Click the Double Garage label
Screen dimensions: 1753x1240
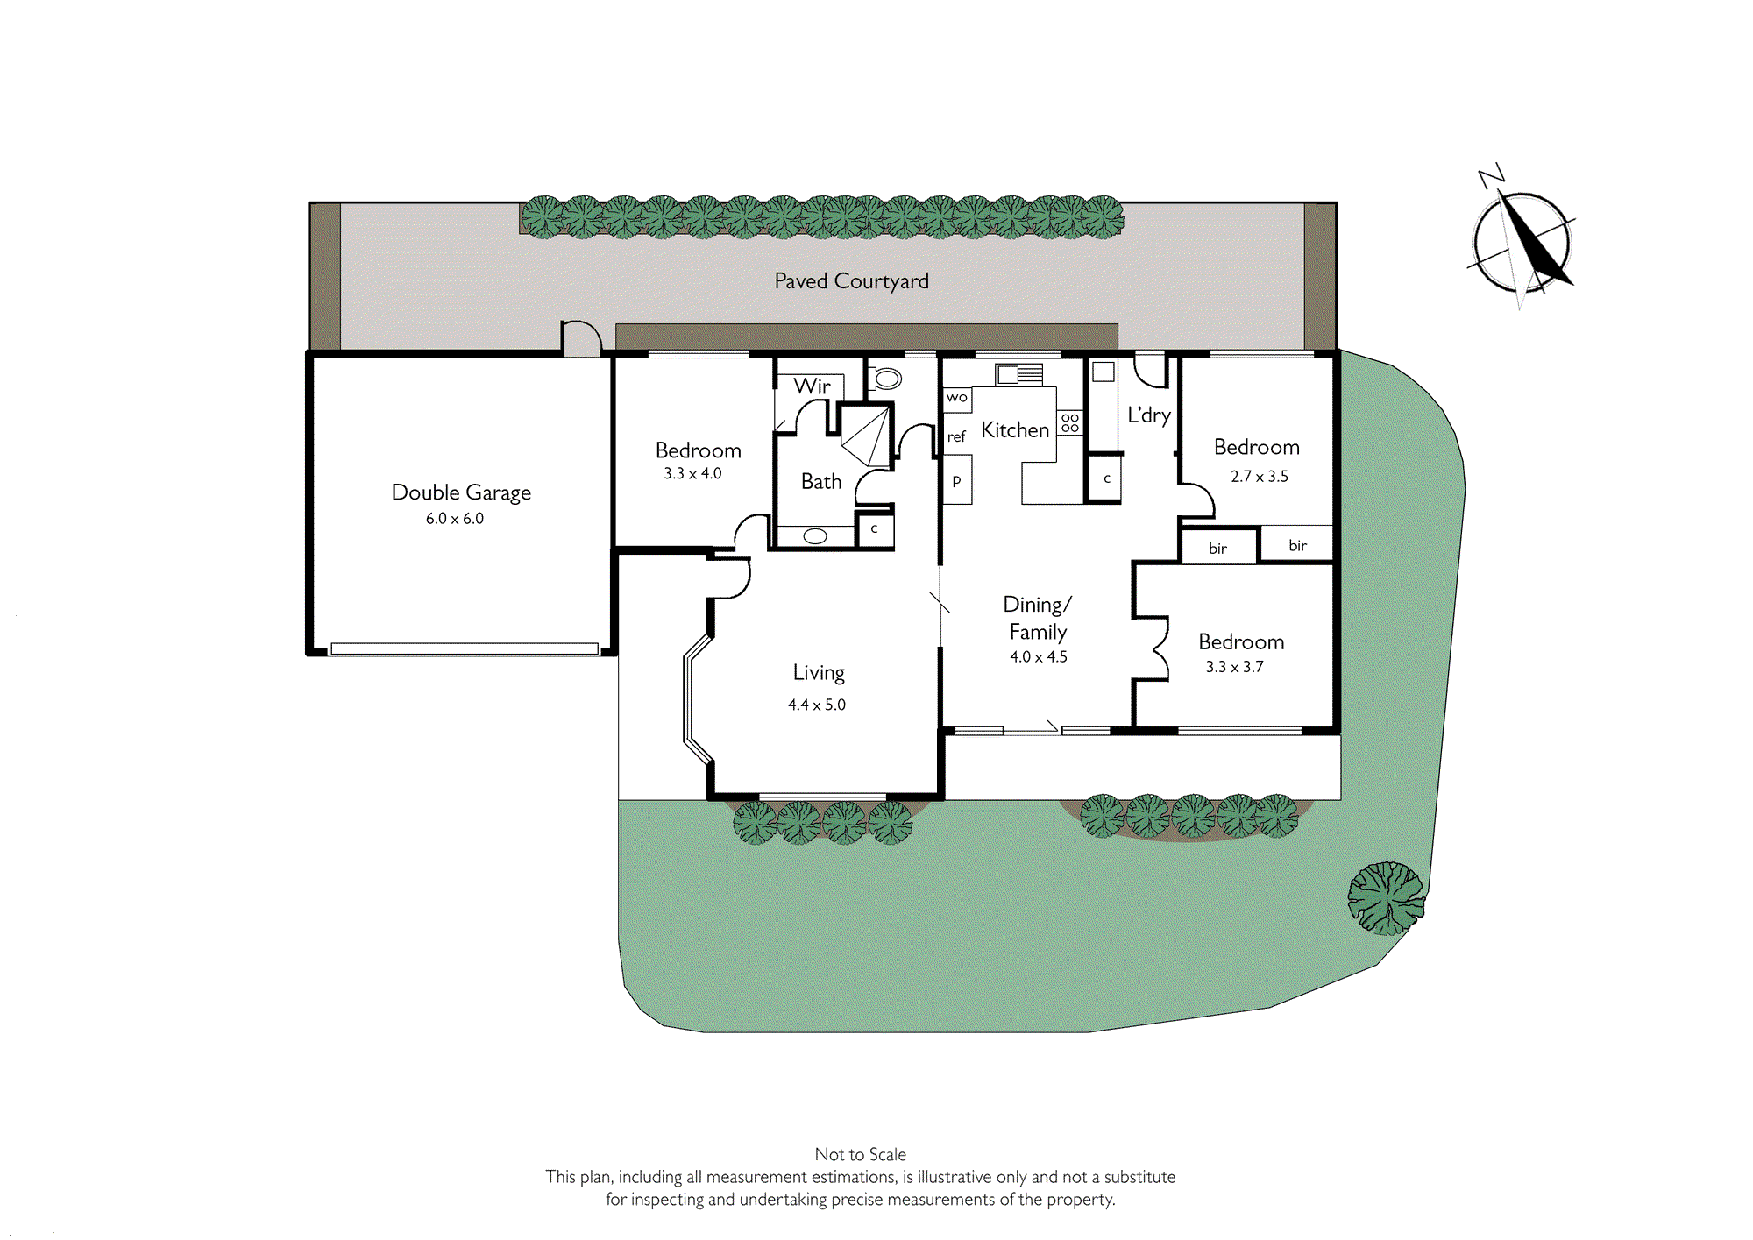[461, 492]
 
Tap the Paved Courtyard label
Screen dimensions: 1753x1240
[851, 281]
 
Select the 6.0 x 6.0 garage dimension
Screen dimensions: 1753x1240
[455, 518]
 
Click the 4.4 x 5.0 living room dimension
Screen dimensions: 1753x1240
[817, 705]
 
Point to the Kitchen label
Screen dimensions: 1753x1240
[1015, 430]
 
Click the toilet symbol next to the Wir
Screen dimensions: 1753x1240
[885, 379]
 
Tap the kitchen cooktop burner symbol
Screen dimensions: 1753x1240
[1070, 423]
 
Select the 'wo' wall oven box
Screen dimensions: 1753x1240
[957, 399]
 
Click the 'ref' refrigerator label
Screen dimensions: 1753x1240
[956, 436]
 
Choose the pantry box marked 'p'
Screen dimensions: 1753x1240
[957, 479]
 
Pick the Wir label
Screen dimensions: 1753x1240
[812, 386]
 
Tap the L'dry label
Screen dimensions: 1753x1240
[1149, 415]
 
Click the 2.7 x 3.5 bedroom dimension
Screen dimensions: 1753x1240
[1260, 477]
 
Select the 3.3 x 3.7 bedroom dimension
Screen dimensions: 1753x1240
[1235, 667]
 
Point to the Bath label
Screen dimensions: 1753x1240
[821, 481]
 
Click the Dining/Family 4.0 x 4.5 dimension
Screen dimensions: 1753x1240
[1039, 657]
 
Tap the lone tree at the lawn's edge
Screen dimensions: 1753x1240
[1386, 898]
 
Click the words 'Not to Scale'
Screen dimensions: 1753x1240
[861, 1155]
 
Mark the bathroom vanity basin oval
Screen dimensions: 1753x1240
[815, 536]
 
